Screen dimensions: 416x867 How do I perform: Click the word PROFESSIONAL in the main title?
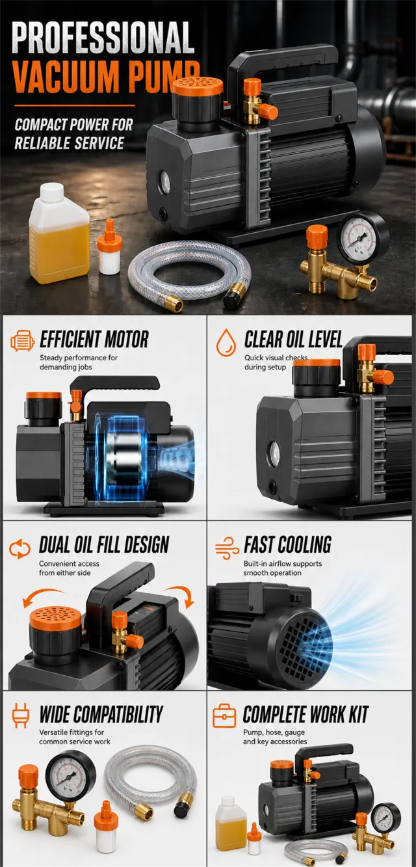(x=103, y=37)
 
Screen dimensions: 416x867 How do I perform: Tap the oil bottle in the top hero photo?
(x=59, y=233)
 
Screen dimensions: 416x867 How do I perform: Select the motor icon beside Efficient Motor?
(x=23, y=341)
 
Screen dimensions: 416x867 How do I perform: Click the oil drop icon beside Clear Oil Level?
(x=226, y=343)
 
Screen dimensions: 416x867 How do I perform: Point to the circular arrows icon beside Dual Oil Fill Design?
(x=19, y=549)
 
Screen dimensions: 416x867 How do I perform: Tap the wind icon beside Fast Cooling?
(x=227, y=548)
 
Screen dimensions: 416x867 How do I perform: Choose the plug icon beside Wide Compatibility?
(x=20, y=715)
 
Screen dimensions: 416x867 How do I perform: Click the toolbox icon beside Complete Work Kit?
(x=224, y=716)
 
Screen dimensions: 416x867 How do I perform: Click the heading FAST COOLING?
(x=287, y=544)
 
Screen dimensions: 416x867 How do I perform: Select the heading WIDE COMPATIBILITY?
(x=101, y=714)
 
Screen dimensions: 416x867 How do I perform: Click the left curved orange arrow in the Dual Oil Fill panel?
(x=42, y=596)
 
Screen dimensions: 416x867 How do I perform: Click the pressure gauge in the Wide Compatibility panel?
(x=70, y=775)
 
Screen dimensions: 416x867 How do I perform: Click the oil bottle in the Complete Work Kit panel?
(x=230, y=818)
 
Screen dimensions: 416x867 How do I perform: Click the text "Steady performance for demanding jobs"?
(x=79, y=362)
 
